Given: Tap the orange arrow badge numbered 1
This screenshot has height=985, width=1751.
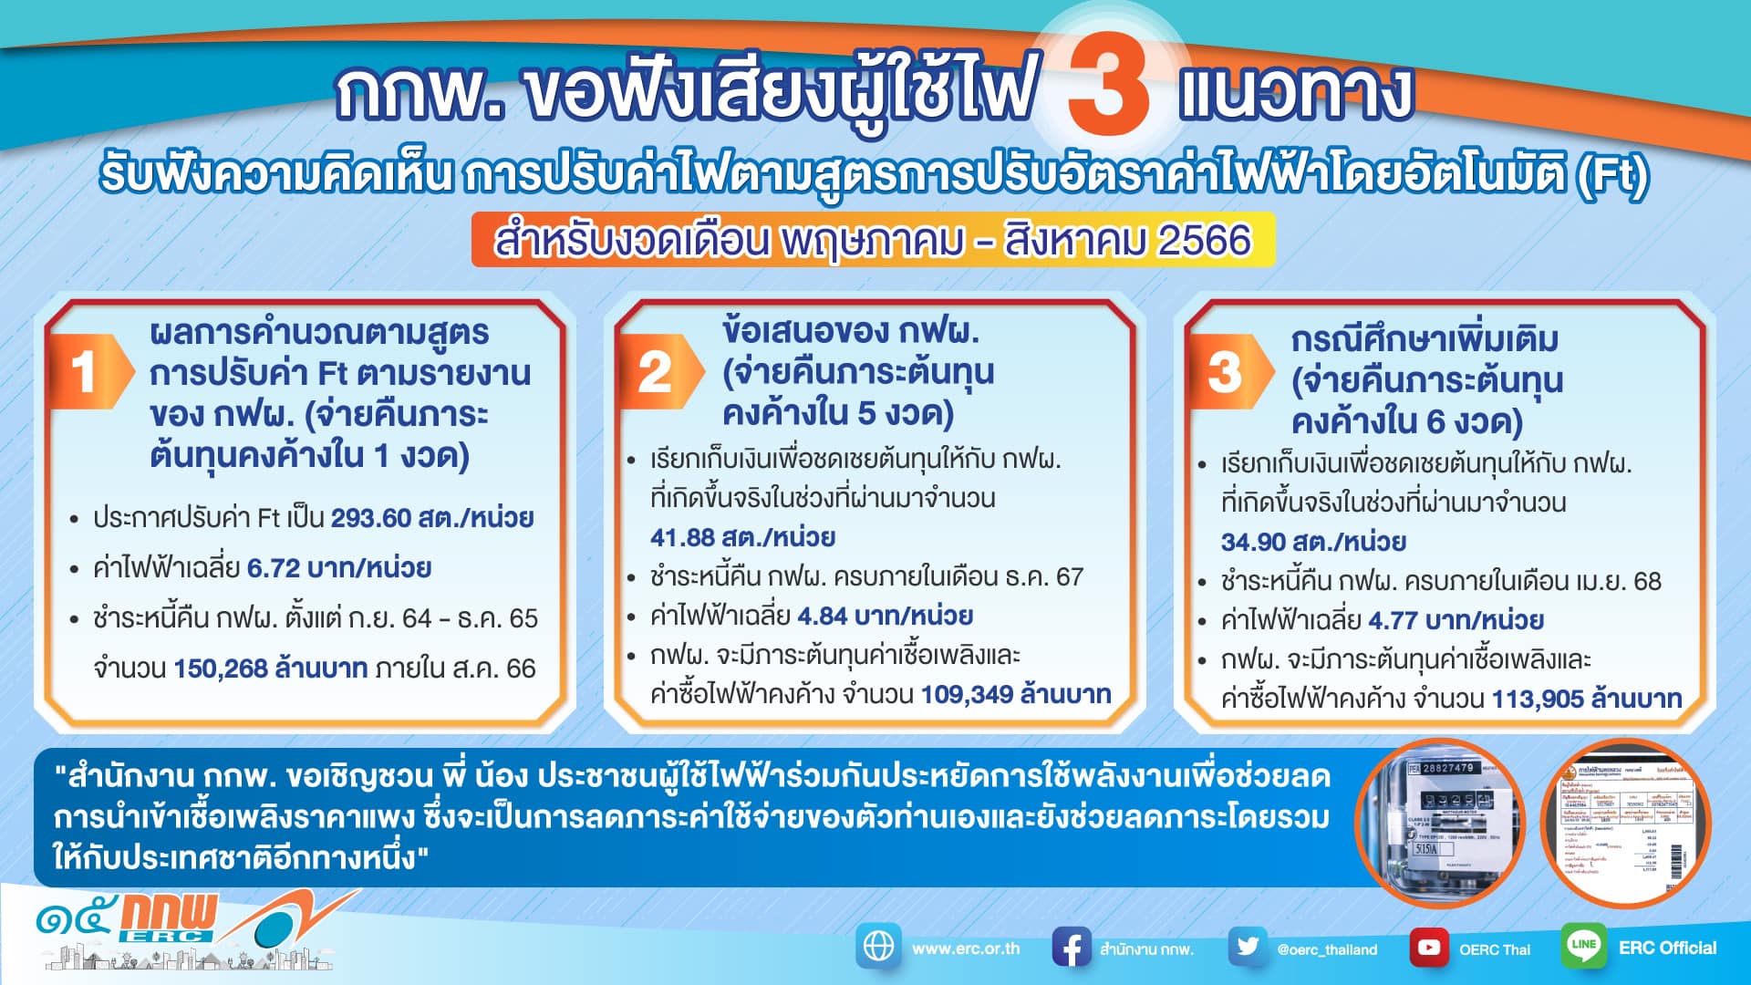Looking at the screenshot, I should pos(91,371).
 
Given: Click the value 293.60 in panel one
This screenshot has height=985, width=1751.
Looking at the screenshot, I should pos(371,518).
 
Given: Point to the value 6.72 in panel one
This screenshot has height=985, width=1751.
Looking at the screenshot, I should pos(274,568).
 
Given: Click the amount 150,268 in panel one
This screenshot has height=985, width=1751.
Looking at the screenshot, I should pos(220,669).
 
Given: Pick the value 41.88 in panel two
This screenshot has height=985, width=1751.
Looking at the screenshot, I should pos(682,537).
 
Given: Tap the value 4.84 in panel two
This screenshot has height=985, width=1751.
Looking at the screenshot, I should pos(823,616).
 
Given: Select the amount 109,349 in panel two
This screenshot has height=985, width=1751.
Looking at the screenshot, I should pos(965,695).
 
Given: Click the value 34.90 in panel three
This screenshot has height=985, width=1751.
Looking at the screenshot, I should pos(1253,542).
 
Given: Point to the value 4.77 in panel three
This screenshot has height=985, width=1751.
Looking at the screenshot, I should pos(1393,621).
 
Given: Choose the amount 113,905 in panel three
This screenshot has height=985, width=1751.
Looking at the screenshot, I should pos(1537,700).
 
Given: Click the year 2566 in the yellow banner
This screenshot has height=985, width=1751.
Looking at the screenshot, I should pos(1204,241).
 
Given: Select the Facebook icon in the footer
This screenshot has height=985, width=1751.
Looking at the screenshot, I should pos(1071,948).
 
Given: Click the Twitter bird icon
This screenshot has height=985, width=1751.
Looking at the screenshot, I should pos(1247,948).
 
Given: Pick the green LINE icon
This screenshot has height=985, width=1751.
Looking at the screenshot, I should pos(1583,946).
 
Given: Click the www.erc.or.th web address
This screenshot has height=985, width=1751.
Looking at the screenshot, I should pos(966,949).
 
